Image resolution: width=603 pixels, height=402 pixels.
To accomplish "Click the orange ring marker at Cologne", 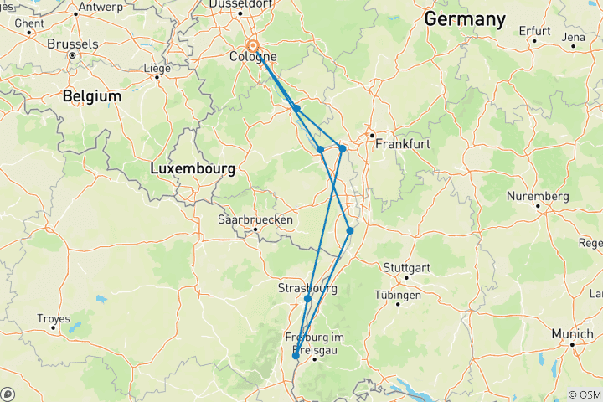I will tap(252, 47).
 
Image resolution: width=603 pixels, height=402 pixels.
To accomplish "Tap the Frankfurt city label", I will tap(396, 144).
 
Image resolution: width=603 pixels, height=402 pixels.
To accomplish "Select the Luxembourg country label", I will tap(192, 168).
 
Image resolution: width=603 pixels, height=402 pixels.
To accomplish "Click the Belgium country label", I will tap(91, 96).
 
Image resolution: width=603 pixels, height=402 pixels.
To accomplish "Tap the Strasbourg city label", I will tap(307, 288).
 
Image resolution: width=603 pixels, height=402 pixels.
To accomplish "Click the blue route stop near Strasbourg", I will tap(308, 299).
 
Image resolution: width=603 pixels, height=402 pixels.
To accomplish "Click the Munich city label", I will tap(572, 333).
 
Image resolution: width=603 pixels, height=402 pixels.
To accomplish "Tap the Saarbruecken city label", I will tap(255, 219).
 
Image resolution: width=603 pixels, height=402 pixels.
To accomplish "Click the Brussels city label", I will tap(74, 44).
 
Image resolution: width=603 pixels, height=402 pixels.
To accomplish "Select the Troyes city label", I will tap(54, 318).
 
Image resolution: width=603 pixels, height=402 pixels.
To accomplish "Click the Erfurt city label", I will tap(534, 31).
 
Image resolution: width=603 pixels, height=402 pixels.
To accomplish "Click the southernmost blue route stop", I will tap(296, 355).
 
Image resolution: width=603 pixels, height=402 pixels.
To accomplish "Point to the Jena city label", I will tap(574, 37).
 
